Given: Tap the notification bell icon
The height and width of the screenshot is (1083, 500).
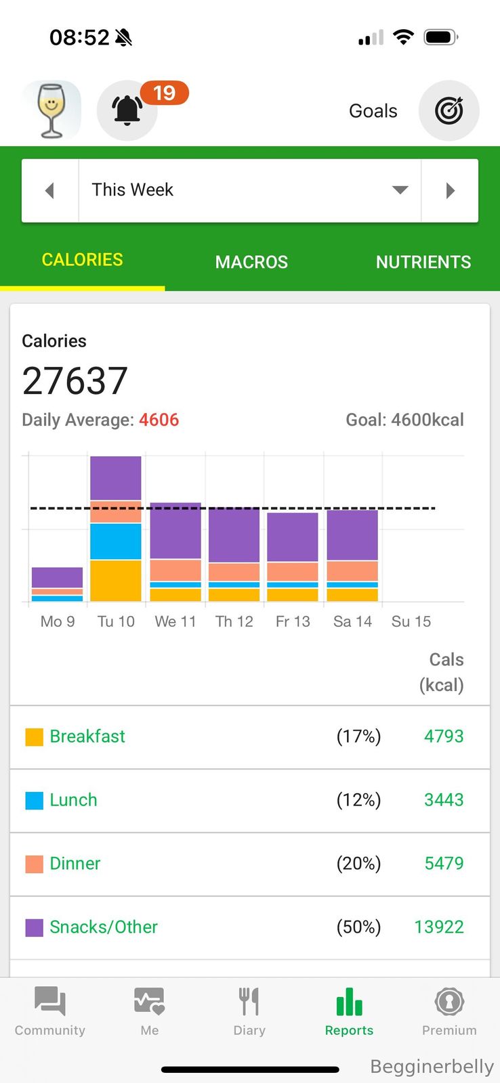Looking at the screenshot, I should [x=127, y=110].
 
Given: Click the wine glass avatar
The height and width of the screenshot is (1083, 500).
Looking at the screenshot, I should [x=51, y=110].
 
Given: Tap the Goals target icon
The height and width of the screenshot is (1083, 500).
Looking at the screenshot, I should [x=449, y=110].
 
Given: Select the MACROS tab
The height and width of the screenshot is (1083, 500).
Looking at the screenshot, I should [x=251, y=262].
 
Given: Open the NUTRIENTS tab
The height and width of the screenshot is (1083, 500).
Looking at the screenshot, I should [x=423, y=262].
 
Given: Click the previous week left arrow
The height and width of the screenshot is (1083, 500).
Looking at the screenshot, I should [x=49, y=191].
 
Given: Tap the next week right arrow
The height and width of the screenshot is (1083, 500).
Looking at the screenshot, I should [x=450, y=191].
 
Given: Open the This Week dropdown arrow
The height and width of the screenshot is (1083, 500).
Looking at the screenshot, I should [x=400, y=190].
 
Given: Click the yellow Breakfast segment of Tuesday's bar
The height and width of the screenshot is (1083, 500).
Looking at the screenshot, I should [x=116, y=580].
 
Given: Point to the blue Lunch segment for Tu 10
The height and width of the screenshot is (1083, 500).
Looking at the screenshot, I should [x=116, y=541].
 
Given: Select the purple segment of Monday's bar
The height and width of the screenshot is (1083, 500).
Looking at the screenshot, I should [x=57, y=577].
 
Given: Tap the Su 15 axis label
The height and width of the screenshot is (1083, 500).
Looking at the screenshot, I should [x=411, y=621].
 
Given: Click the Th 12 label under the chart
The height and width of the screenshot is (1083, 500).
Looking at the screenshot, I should [x=234, y=621].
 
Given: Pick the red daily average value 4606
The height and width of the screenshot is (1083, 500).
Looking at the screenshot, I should [x=159, y=420].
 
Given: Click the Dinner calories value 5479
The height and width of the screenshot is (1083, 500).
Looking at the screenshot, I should [x=444, y=863].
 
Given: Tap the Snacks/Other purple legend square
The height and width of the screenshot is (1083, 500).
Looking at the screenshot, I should [x=34, y=927].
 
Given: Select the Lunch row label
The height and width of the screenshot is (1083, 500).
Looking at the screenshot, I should [x=73, y=800].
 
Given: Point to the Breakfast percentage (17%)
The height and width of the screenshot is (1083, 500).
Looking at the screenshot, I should [x=358, y=736].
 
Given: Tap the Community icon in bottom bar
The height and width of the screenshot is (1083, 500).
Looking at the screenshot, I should [x=50, y=1002].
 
